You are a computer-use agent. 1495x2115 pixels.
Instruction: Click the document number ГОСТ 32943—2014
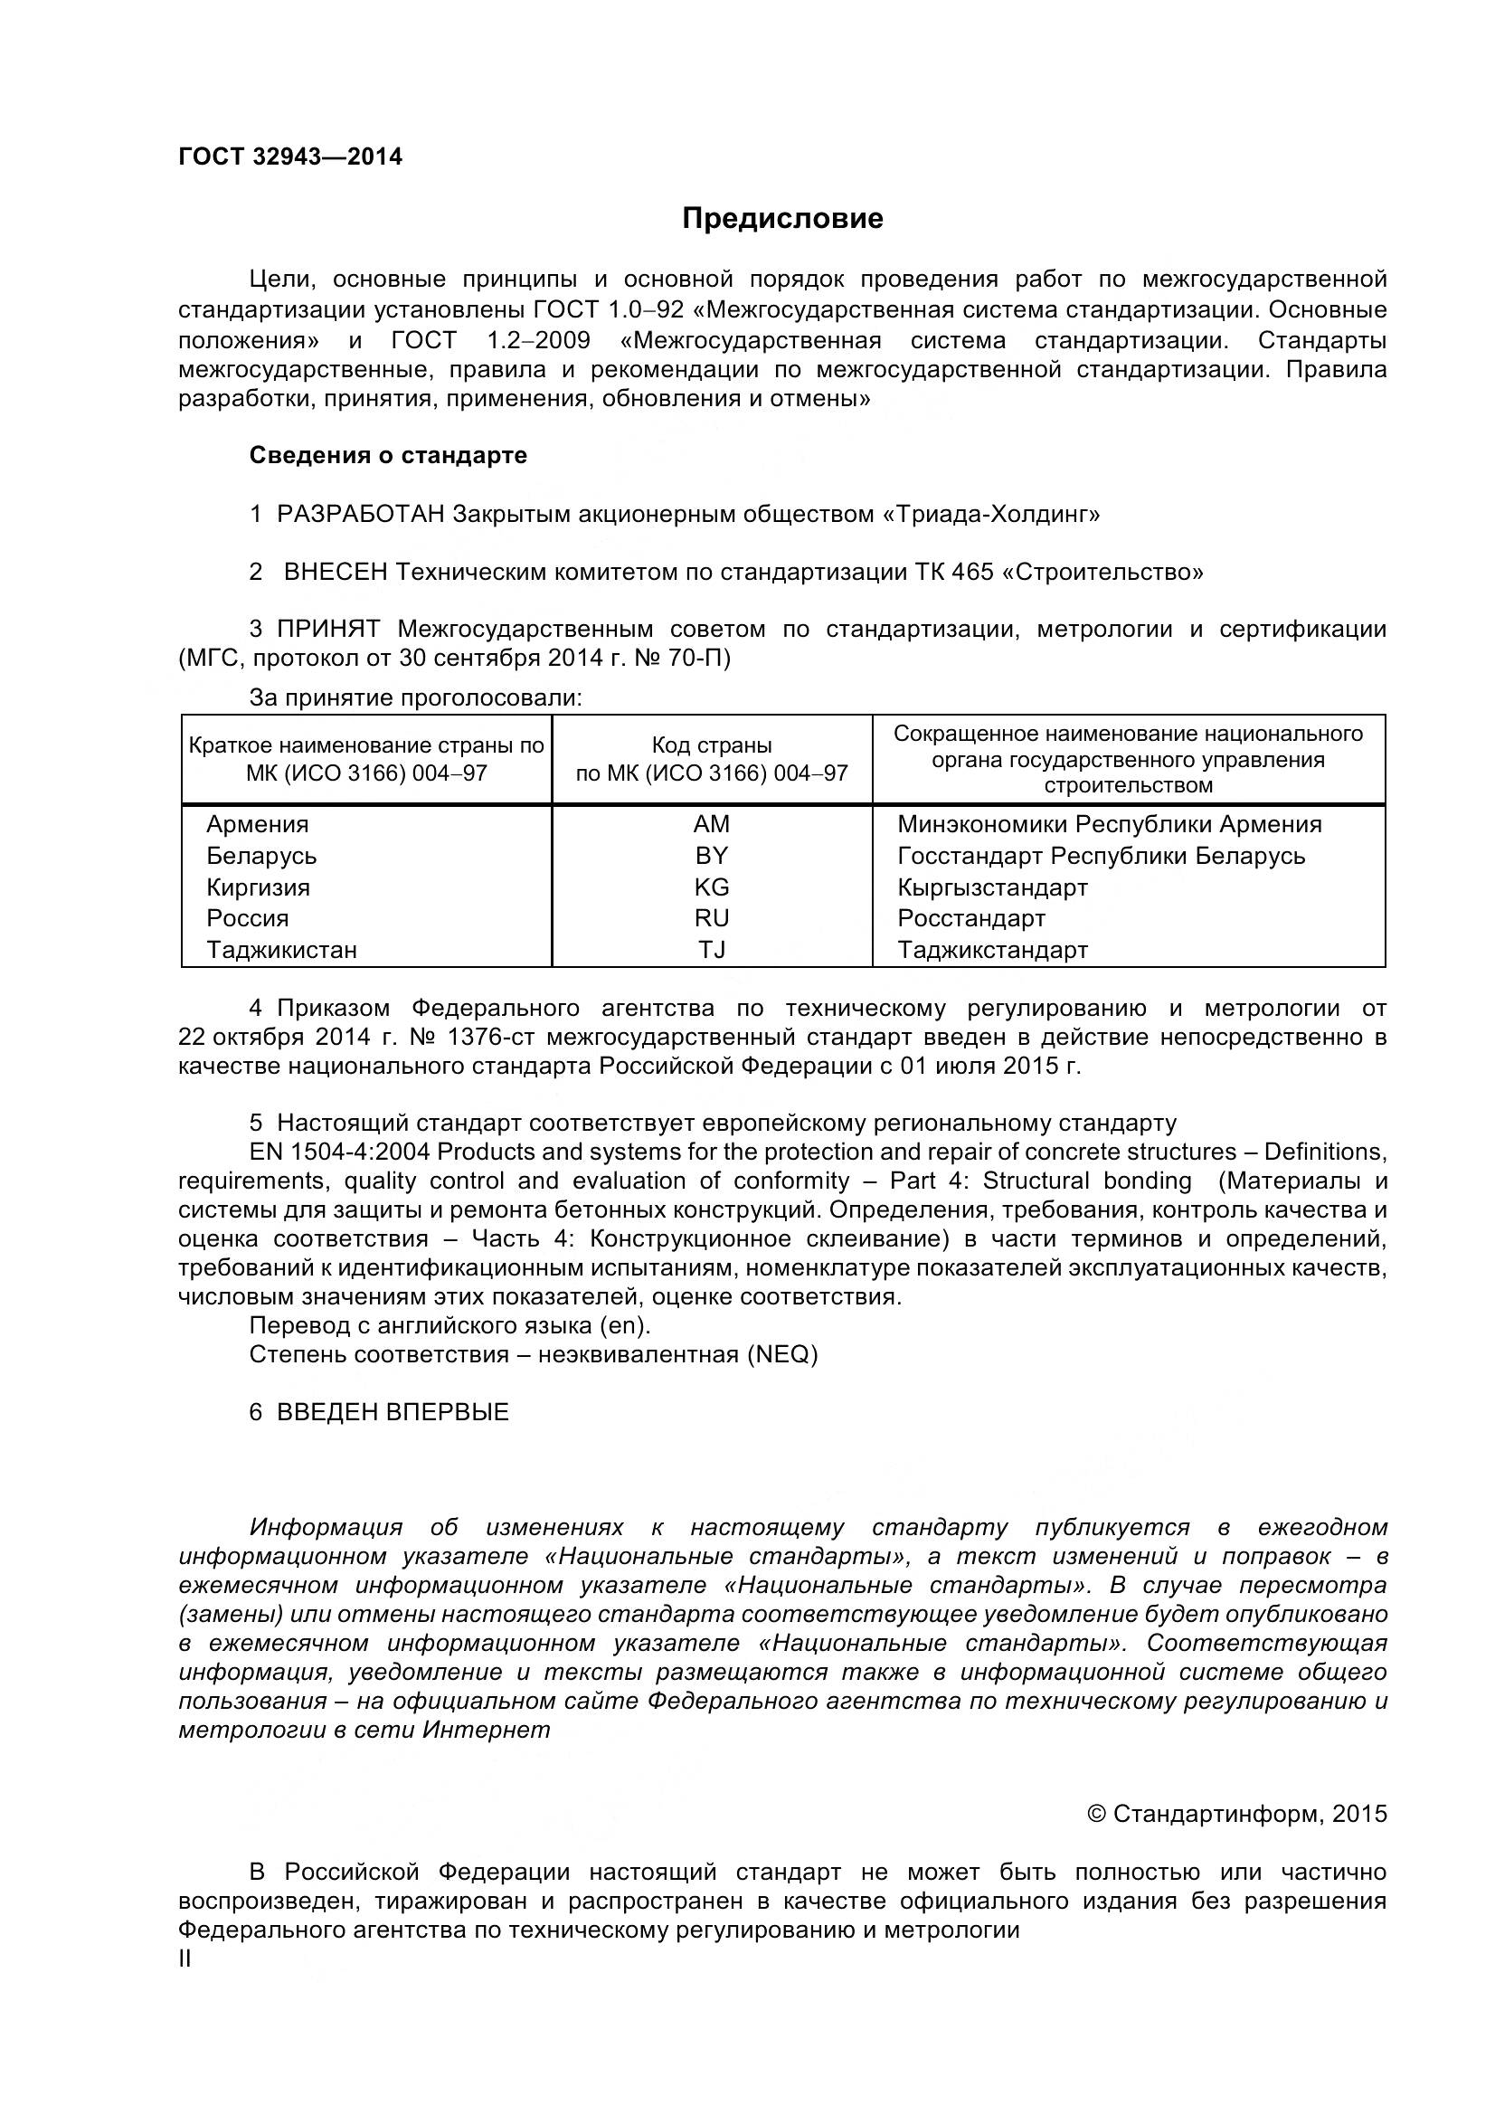tap(290, 156)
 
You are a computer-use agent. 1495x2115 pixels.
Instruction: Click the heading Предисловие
tap(782, 218)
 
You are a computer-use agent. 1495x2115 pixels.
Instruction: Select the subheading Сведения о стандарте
tap(388, 455)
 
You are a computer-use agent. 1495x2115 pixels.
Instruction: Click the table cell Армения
tap(257, 824)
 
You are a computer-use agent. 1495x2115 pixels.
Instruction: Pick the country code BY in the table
tap(711, 856)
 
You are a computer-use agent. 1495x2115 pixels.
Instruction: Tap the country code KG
tap(711, 887)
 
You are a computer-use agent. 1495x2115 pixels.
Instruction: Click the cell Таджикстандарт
tap(992, 950)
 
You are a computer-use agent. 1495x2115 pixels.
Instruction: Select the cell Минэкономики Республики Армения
tap(1109, 824)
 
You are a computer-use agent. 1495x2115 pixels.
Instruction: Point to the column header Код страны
tap(711, 745)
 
